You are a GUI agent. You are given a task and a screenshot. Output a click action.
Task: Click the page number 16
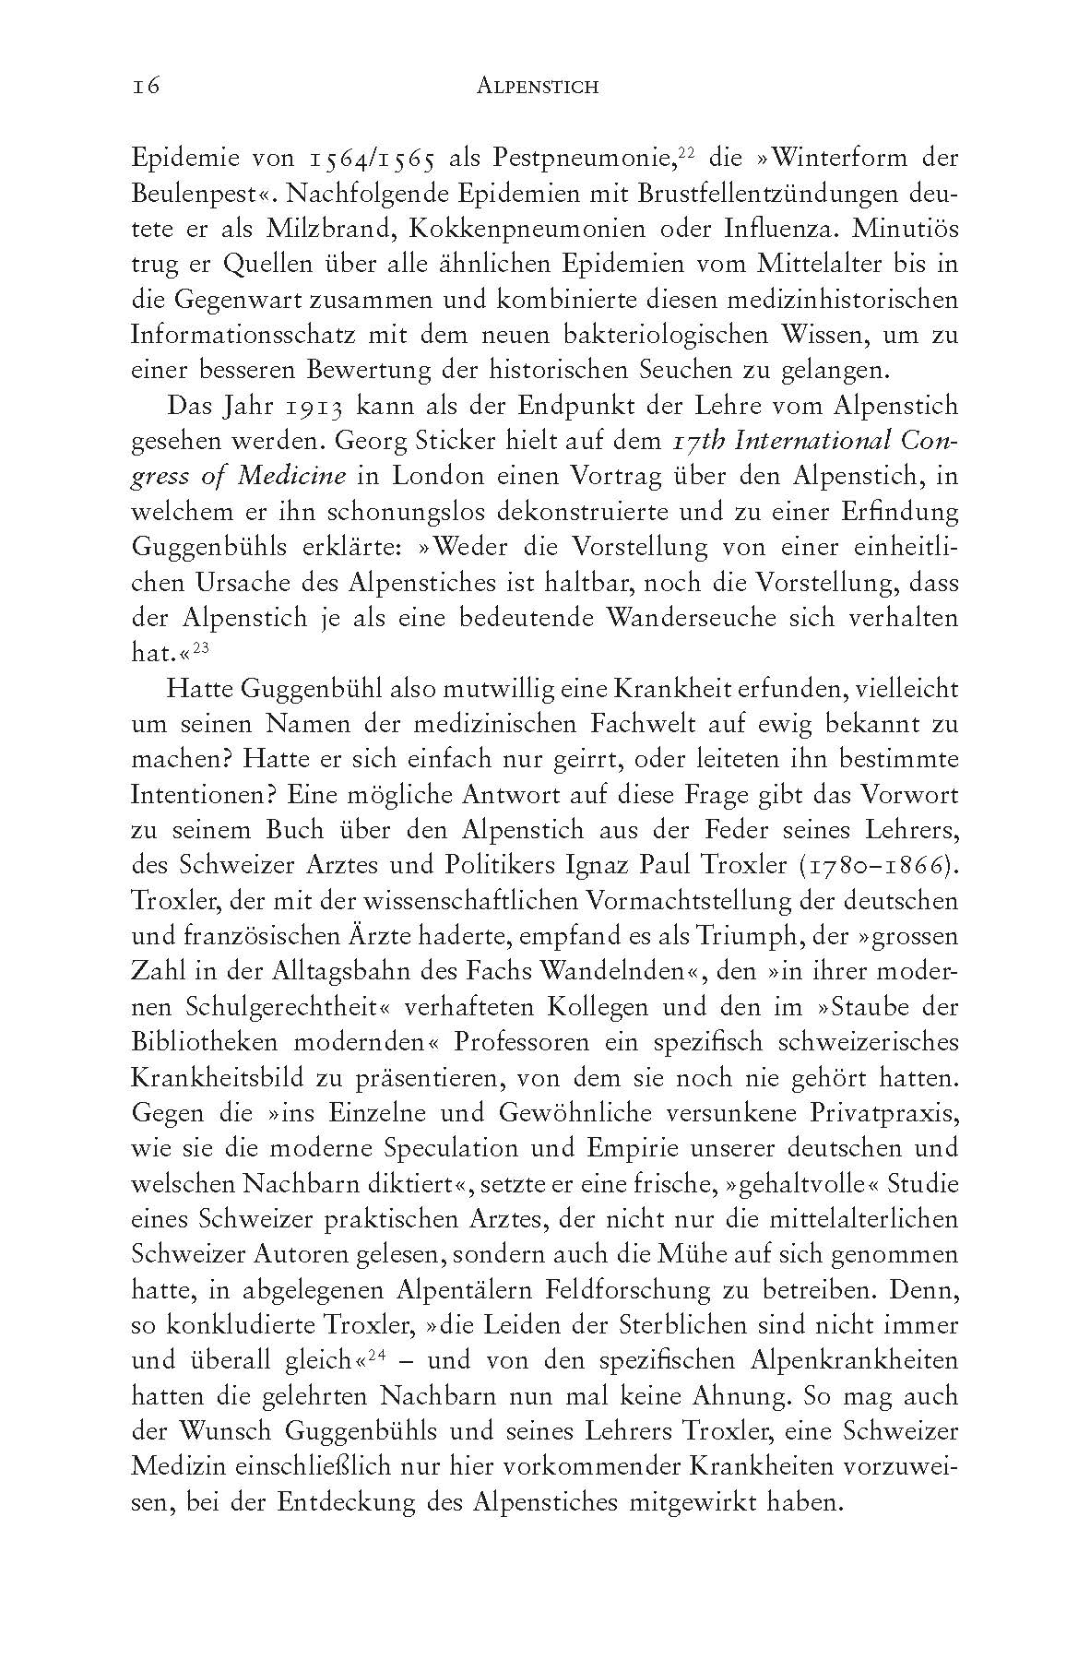(147, 86)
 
